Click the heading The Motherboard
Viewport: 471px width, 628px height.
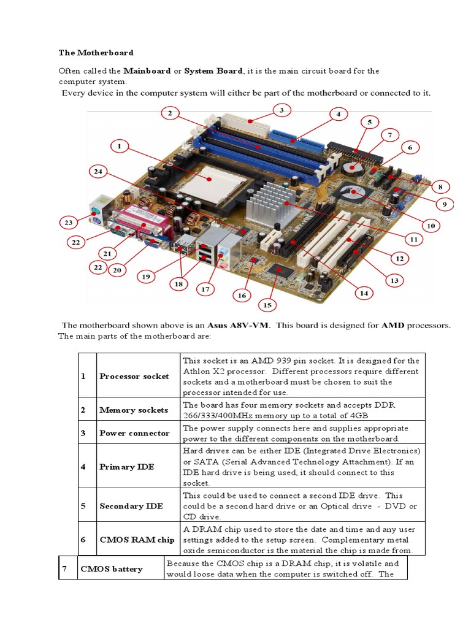[96, 53]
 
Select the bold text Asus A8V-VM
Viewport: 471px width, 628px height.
[239, 326]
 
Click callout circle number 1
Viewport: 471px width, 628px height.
[119, 146]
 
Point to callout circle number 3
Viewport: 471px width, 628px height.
[280, 110]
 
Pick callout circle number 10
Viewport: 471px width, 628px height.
[431, 226]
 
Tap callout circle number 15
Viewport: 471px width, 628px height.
[267, 304]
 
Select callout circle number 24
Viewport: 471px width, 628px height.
[99, 172]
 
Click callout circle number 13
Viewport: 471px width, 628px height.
[394, 280]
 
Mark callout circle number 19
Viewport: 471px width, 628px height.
[146, 277]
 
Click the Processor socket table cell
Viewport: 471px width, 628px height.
[134, 377]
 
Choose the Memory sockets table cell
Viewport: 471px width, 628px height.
[133, 410]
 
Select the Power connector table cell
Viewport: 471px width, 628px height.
[134, 433]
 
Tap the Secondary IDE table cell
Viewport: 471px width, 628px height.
[131, 506]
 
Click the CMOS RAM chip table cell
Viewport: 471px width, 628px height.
[137, 540]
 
